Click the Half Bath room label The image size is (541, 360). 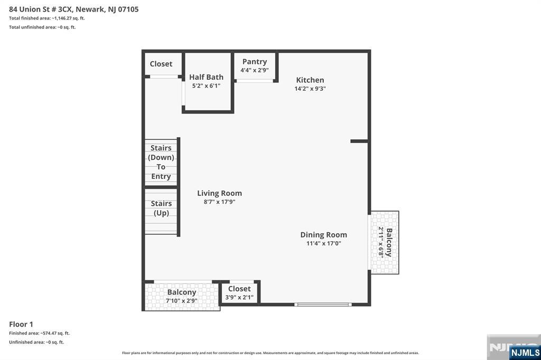(x=206, y=77)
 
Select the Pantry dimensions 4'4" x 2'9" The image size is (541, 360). (x=255, y=70)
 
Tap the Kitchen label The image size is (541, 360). (x=310, y=80)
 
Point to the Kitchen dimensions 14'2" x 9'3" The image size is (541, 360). (x=310, y=89)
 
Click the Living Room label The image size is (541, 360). (x=219, y=193)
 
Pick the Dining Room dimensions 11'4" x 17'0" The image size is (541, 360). (x=324, y=243)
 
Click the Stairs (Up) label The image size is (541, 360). (x=161, y=208)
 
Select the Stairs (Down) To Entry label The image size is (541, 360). (x=161, y=162)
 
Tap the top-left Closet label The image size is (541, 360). (x=161, y=64)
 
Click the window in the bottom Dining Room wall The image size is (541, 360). (x=323, y=305)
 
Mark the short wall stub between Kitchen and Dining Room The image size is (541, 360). (x=359, y=141)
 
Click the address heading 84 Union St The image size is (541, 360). (x=74, y=9)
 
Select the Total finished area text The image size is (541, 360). (x=47, y=18)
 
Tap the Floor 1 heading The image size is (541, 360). (x=21, y=324)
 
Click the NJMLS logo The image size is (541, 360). (x=525, y=353)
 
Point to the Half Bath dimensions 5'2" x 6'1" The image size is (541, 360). (x=206, y=86)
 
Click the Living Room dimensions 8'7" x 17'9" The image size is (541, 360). (x=219, y=202)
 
